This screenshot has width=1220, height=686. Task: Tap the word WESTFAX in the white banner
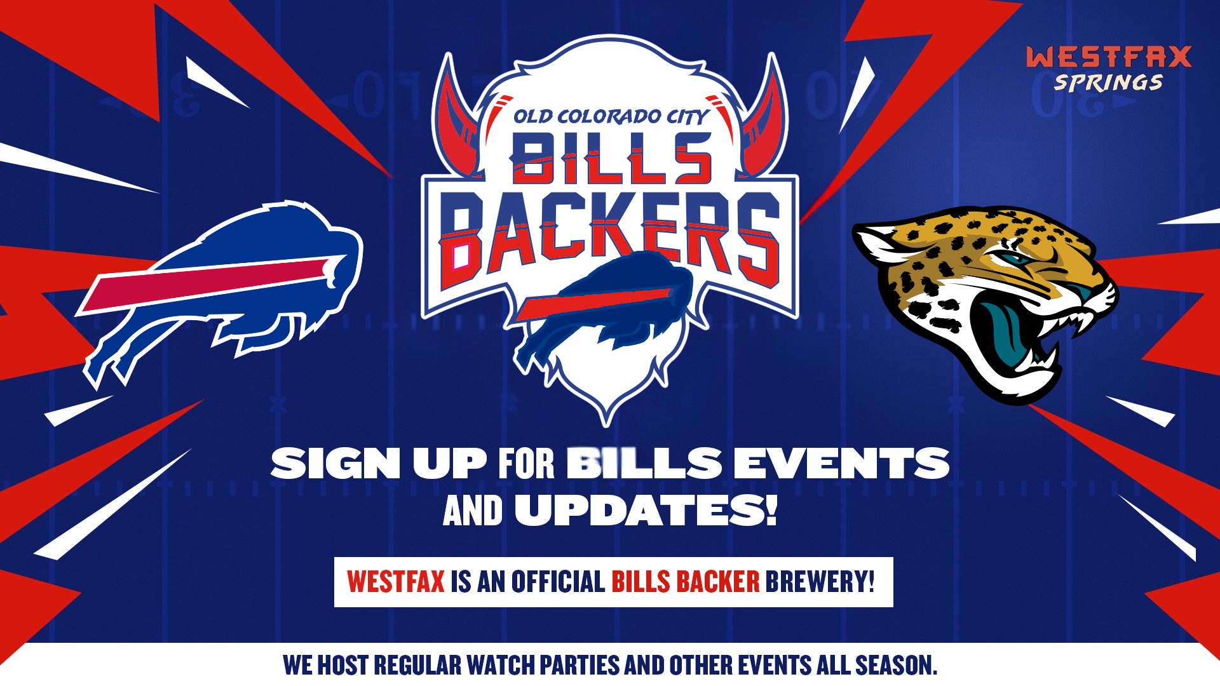(395, 582)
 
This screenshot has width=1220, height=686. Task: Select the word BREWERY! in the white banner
(820, 582)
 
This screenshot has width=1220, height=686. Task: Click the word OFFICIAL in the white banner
(558, 582)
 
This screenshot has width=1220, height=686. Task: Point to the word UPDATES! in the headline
(646, 511)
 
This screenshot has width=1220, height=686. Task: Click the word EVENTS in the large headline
(841, 463)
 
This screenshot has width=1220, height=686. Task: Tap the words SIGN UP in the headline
(379, 463)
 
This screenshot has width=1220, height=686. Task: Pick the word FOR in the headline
(526, 463)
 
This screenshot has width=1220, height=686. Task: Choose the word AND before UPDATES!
(473, 511)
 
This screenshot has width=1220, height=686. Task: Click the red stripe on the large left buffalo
(210, 283)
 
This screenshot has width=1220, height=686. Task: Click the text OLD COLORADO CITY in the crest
(610, 117)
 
